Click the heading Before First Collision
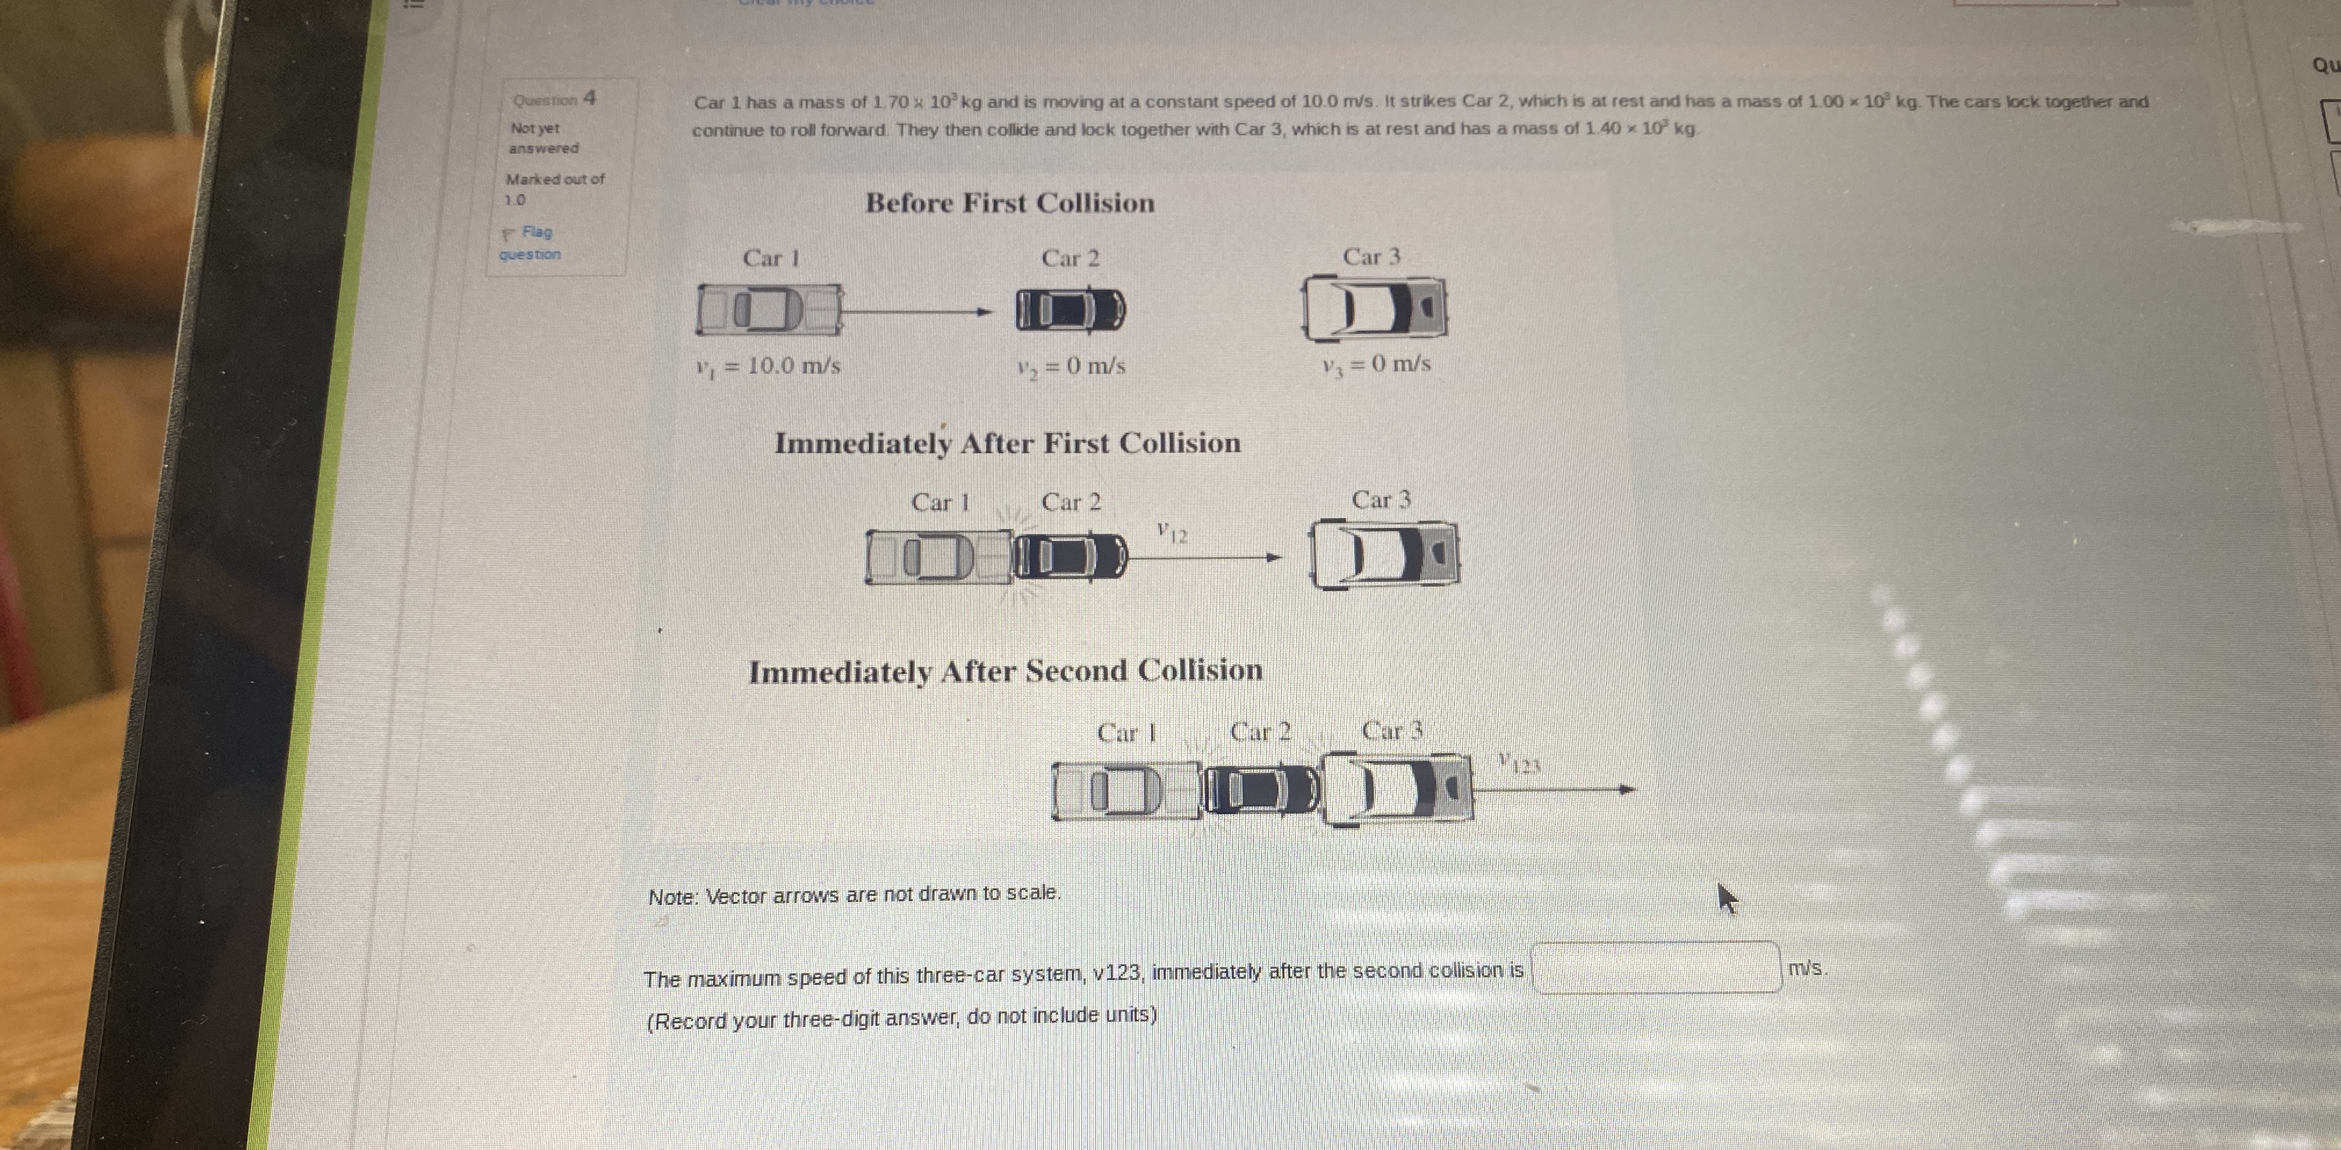[1010, 202]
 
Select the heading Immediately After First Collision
[1007, 443]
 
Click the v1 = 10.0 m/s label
[768, 366]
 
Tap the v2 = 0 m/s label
[1071, 366]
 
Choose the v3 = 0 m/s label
[1376, 364]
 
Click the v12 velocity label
[1172, 532]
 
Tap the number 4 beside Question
[590, 97]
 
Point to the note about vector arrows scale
[854, 895]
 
